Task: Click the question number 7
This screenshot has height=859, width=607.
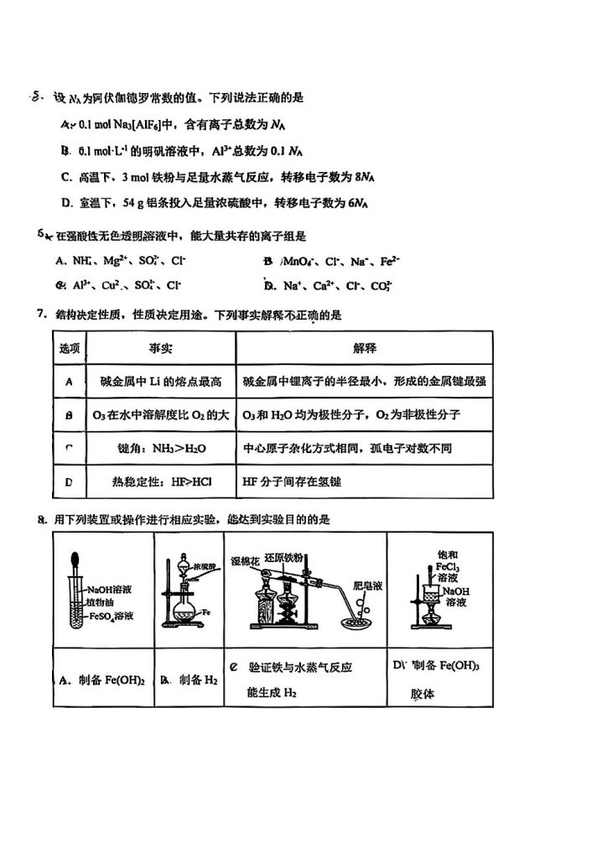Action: click(40, 315)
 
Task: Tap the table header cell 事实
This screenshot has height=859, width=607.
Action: click(161, 347)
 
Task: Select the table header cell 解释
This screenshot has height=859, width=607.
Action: click(363, 347)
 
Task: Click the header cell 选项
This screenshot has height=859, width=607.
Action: click(70, 347)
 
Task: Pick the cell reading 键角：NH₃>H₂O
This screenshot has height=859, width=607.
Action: click(161, 449)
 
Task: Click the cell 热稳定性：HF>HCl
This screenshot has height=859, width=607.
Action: click(161, 482)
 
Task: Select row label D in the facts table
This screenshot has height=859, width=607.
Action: click(70, 482)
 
